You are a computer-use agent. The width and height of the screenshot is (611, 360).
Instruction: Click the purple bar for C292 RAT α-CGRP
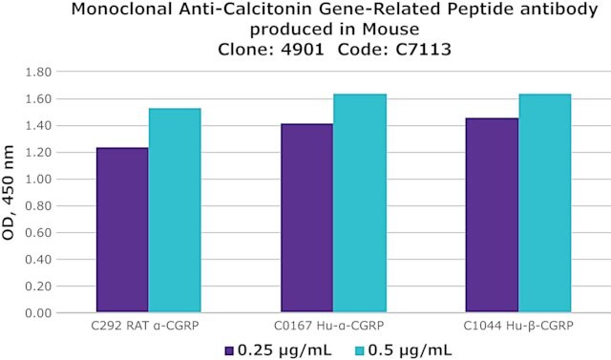[x=122, y=230]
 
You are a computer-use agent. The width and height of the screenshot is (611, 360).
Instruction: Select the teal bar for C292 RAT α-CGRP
[x=175, y=210]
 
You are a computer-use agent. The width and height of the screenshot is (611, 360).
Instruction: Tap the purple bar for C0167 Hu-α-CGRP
[x=307, y=218]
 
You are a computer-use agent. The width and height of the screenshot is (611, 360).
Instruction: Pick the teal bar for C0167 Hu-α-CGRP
[x=360, y=203]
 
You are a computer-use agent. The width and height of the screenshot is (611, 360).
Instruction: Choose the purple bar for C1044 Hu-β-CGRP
[x=493, y=215]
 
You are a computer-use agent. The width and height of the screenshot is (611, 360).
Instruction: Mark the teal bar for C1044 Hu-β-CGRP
[x=545, y=203]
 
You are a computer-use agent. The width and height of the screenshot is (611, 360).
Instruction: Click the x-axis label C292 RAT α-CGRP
[x=145, y=326]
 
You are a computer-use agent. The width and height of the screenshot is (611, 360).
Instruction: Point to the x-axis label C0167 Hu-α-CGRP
[x=328, y=326]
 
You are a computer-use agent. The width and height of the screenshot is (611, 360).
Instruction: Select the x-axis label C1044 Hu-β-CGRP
[x=518, y=326]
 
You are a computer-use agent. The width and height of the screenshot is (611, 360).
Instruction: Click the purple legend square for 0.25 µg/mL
[x=229, y=351]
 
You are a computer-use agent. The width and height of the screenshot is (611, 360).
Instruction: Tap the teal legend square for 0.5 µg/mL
[x=361, y=351]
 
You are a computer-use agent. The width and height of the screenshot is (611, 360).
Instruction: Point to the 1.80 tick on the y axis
[x=38, y=72]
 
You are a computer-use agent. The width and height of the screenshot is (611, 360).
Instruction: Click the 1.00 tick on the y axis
[x=38, y=180]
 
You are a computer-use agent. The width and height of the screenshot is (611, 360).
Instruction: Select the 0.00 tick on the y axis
[x=38, y=313]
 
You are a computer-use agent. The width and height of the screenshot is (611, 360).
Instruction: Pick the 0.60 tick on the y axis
[x=38, y=233]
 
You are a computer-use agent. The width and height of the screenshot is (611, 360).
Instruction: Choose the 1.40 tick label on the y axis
[x=38, y=125]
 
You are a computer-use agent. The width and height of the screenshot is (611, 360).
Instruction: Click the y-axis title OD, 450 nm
[x=8, y=193]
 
